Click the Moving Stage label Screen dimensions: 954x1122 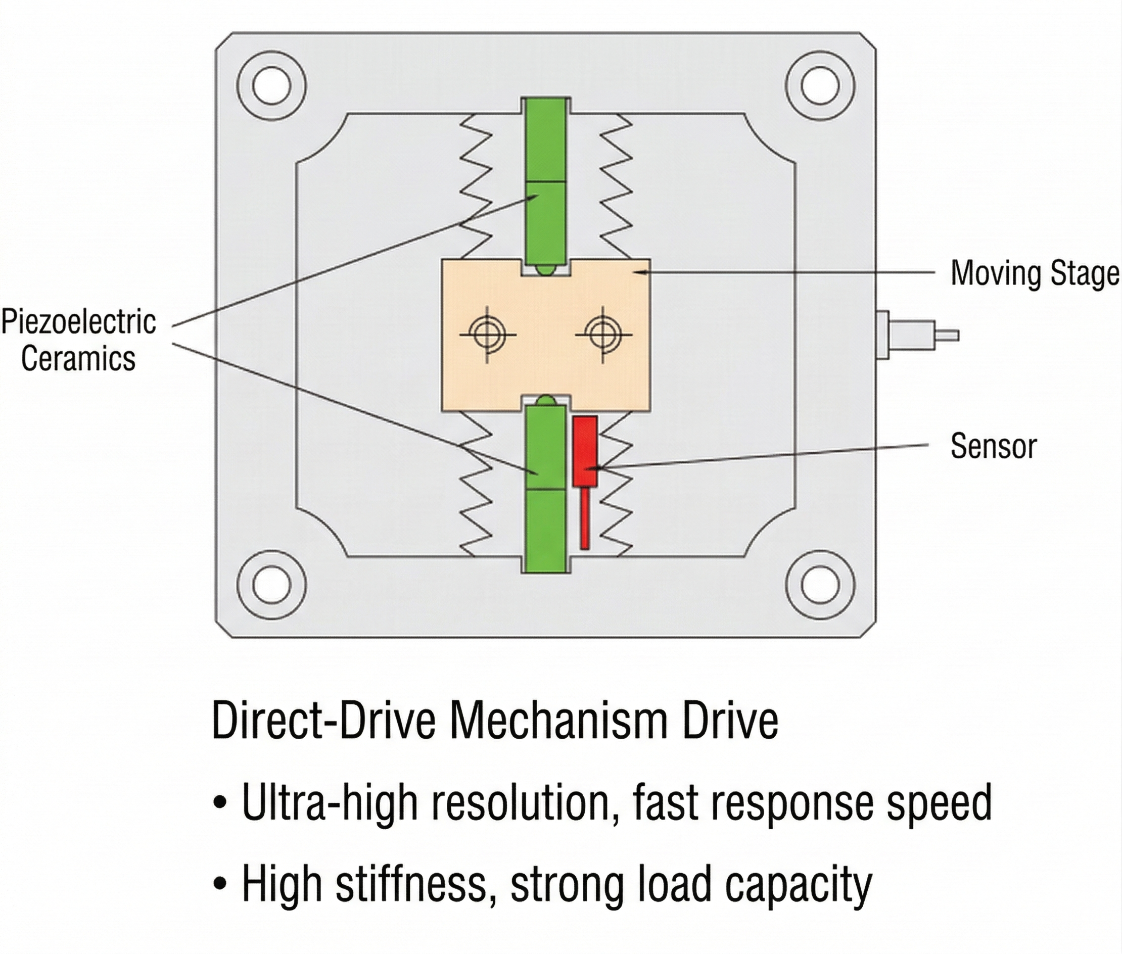point(1035,274)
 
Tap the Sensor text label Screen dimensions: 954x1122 point(993,447)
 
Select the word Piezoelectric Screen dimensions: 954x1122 point(79,323)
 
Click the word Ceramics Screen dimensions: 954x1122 point(78,359)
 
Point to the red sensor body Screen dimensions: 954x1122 point(585,452)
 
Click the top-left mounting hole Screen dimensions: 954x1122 point(271,86)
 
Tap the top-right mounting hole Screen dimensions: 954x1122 point(820,86)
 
